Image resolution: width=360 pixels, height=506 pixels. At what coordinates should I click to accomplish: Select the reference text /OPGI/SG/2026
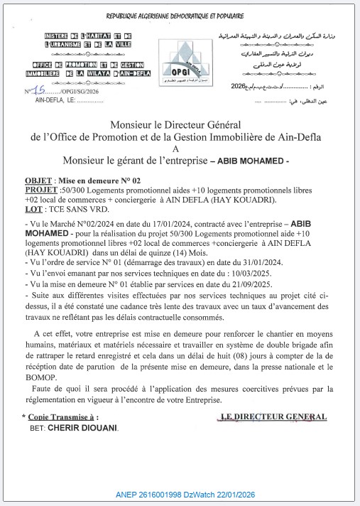[x=72, y=92]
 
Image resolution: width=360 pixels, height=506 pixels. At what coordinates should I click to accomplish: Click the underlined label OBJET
[x=37, y=181]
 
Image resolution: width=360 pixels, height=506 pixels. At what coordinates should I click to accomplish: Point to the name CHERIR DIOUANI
[x=84, y=430]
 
